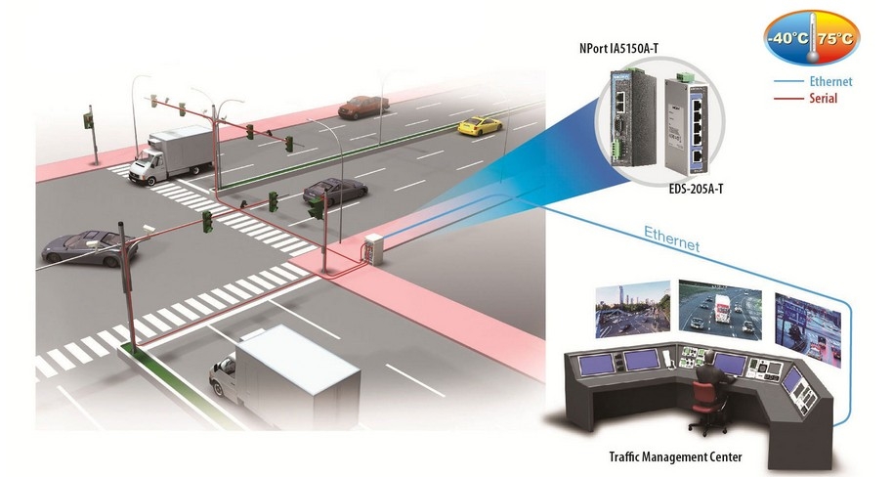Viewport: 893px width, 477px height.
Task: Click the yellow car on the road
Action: coord(480,125)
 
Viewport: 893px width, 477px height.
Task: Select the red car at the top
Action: coord(362,106)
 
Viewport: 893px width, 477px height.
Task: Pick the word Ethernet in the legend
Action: coord(830,82)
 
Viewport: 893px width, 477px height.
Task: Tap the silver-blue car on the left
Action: coord(89,246)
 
